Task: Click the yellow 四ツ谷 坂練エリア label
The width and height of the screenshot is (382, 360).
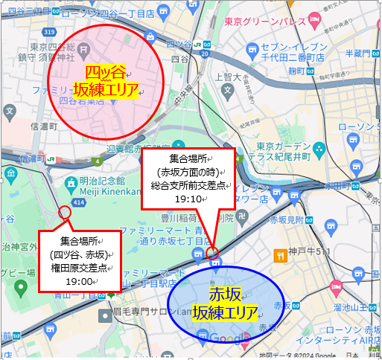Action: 106,81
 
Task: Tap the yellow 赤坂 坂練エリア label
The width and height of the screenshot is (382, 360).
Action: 225,302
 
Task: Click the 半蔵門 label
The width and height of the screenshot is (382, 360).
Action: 360,53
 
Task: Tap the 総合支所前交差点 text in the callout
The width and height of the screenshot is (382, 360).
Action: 187,186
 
